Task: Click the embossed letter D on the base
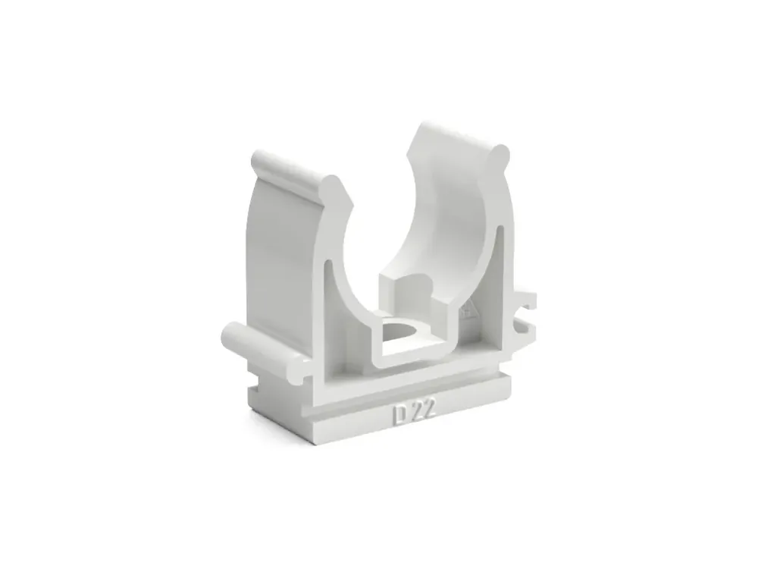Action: click(x=399, y=414)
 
